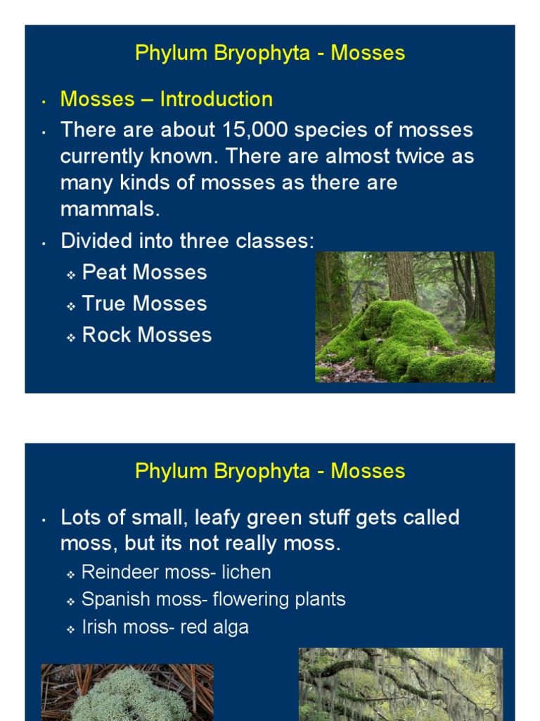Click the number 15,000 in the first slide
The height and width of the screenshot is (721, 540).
257,130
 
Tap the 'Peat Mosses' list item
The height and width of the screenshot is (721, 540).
144,272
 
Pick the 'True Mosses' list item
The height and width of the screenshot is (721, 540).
144,303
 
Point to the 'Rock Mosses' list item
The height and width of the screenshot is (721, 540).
146,334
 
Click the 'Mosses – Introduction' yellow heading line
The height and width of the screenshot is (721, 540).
167,99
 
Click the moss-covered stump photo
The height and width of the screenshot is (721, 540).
404,317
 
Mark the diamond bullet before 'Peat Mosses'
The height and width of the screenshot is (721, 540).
71,275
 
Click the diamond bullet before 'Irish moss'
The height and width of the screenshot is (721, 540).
71,629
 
